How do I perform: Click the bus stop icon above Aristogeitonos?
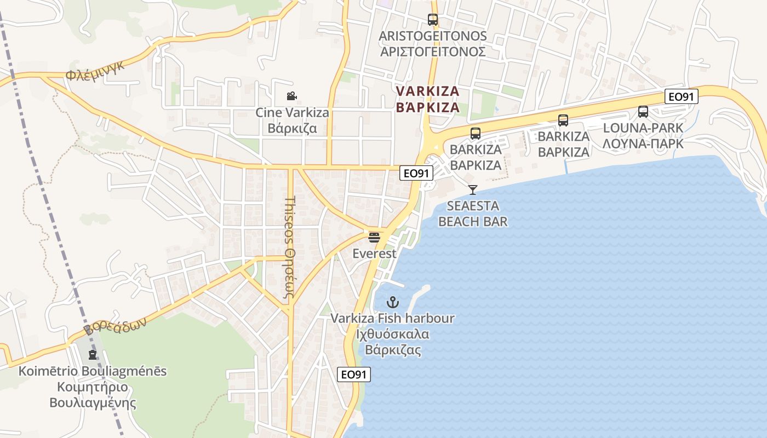click(433, 20)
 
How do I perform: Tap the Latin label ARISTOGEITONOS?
click(433, 36)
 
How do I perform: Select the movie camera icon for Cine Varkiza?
click(292, 96)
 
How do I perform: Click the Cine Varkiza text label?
click(293, 113)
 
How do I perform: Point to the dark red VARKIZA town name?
click(427, 91)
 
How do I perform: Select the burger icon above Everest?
click(374, 238)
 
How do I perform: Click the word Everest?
click(374, 253)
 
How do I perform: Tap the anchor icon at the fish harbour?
click(392, 302)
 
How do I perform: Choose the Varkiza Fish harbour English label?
click(392, 318)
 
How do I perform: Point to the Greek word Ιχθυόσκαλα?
click(392, 334)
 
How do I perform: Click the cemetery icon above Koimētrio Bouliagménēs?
click(93, 355)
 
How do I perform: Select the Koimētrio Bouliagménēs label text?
click(93, 371)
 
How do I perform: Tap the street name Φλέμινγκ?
click(95, 71)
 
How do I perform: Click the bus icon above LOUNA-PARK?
click(643, 112)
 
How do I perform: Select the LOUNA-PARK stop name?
click(643, 128)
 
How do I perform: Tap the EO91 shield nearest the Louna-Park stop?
click(682, 97)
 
